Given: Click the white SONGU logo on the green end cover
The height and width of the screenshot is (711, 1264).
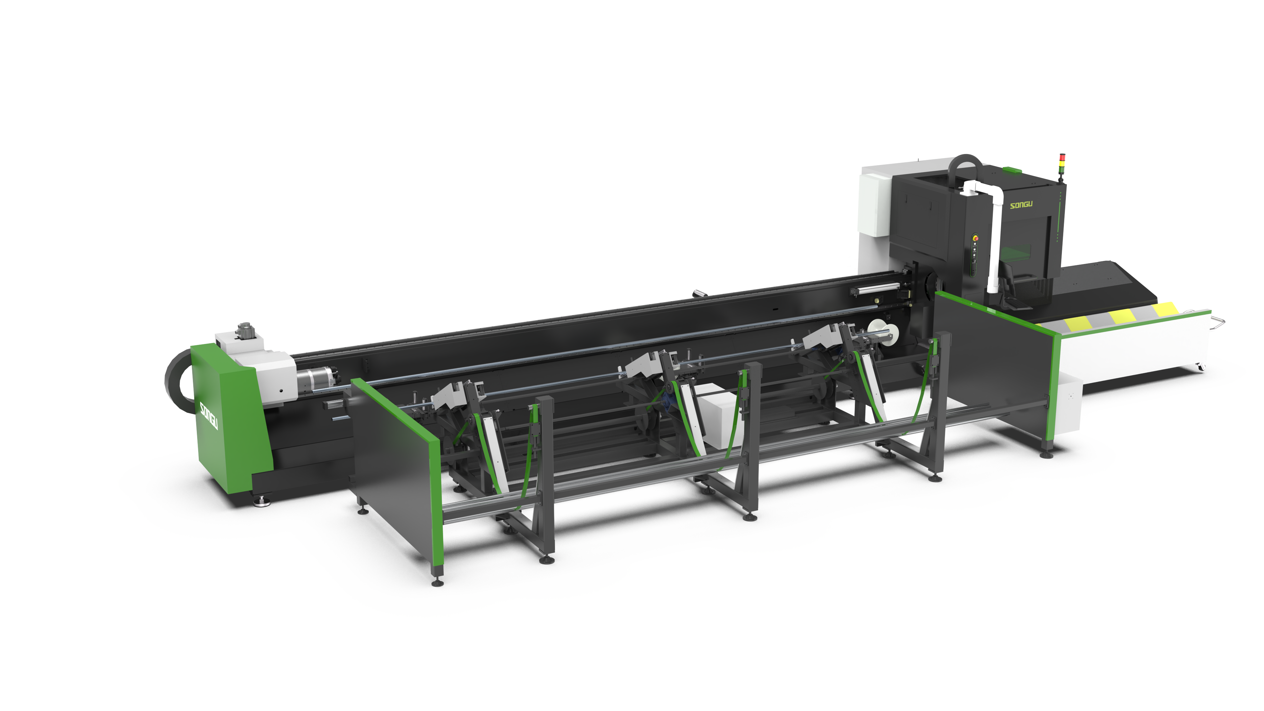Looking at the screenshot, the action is point(209,415).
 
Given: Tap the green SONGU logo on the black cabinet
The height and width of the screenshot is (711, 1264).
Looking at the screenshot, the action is point(1021,204).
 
